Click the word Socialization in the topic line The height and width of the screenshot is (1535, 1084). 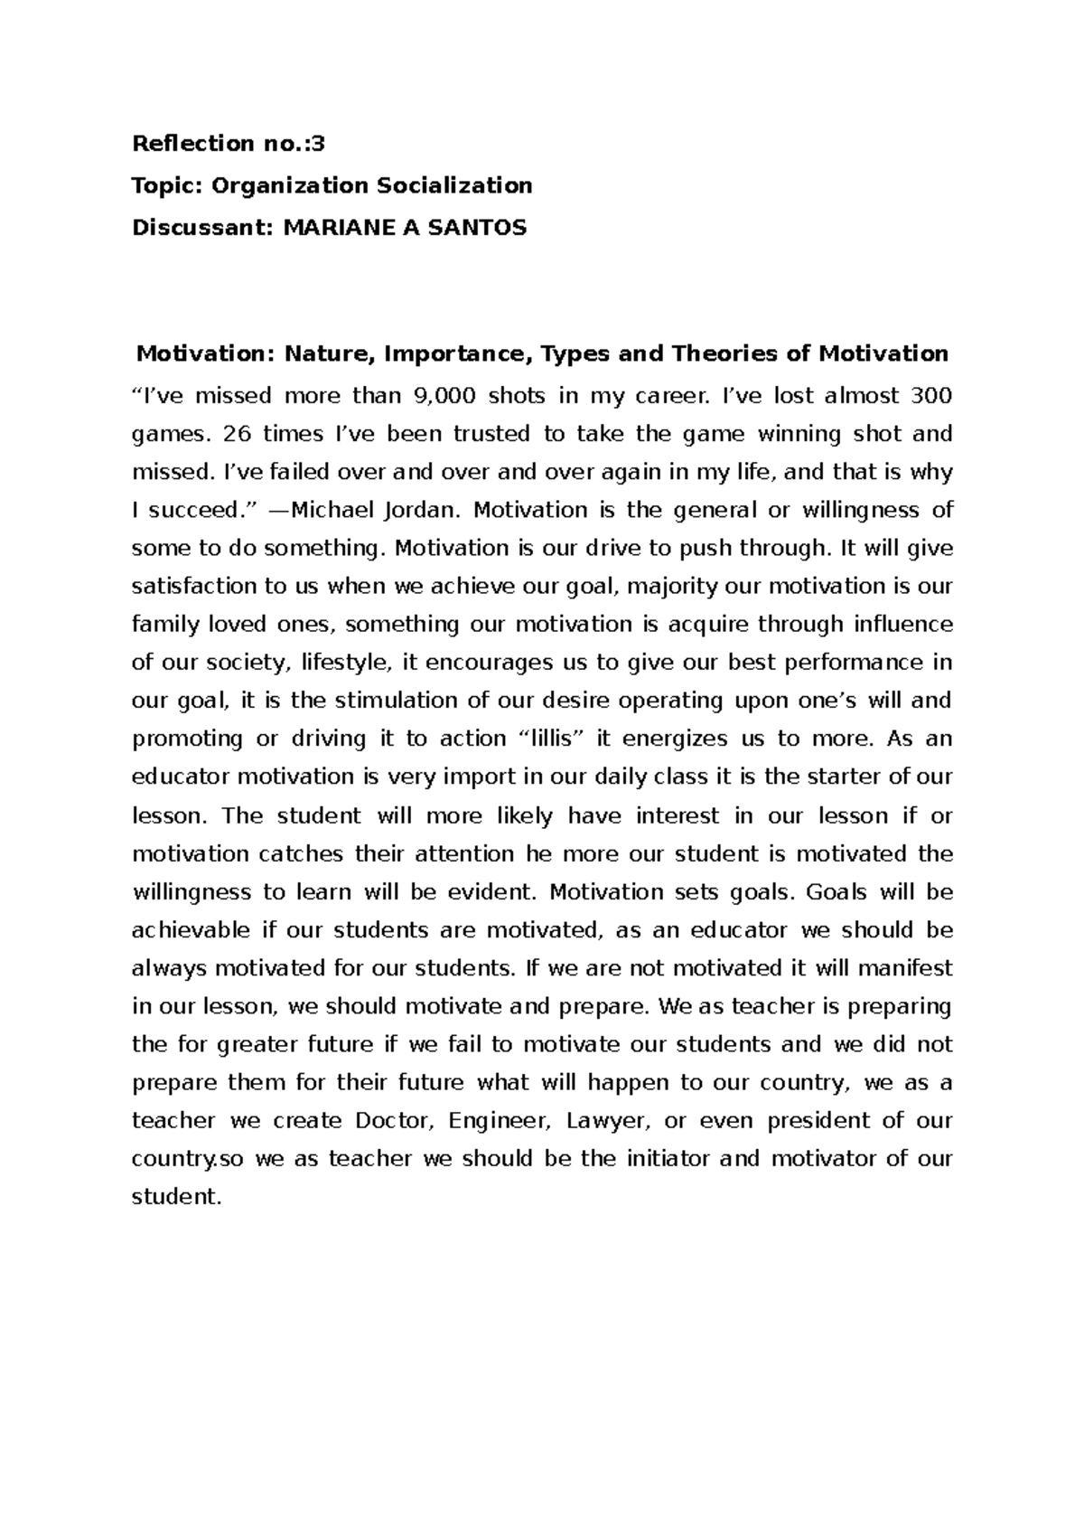click(x=454, y=185)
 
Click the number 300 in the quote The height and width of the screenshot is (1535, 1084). click(x=932, y=395)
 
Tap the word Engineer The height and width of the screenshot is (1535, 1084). click(x=499, y=1121)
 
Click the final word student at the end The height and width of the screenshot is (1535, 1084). click(x=176, y=1197)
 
